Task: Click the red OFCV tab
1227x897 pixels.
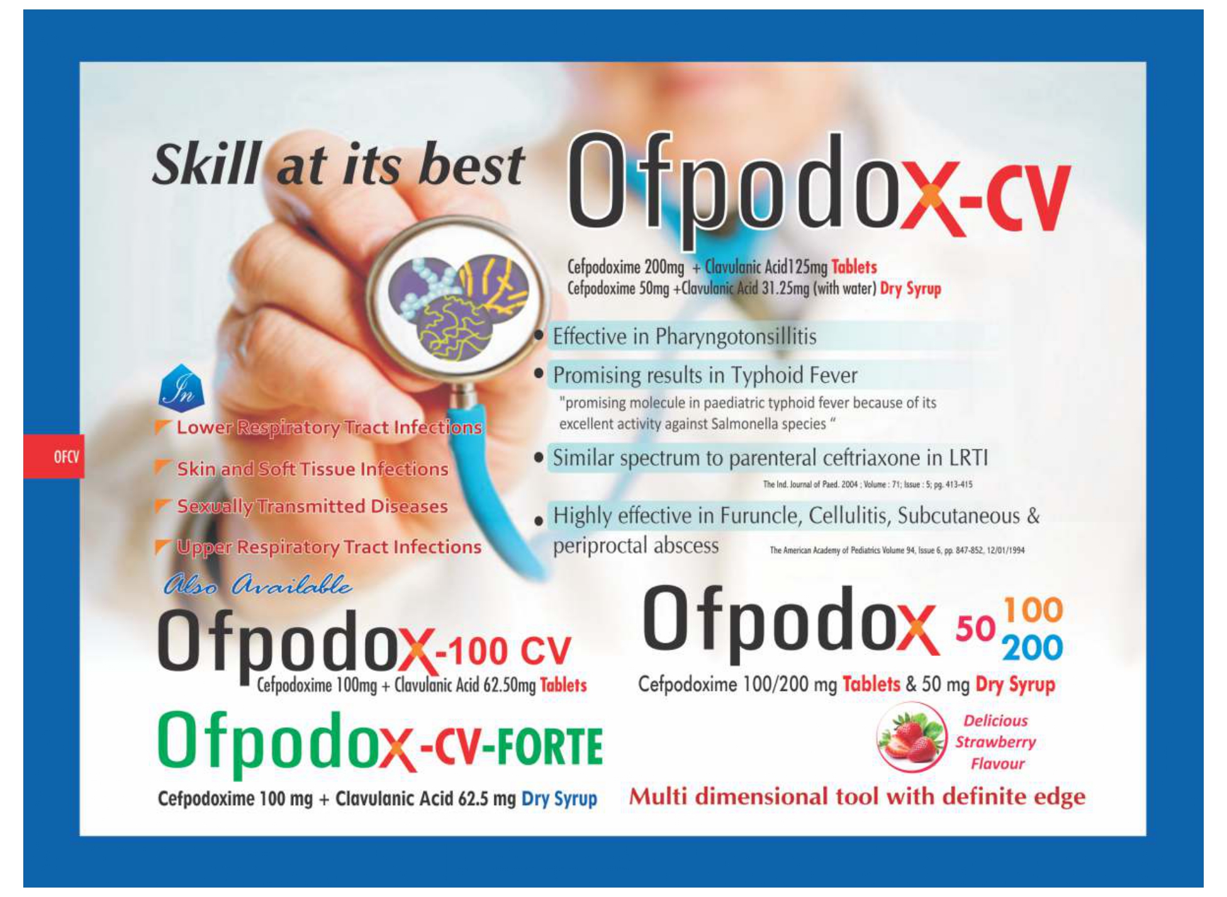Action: pyautogui.click(x=54, y=456)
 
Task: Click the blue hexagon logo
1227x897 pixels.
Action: pyautogui.click(x=181, y=386)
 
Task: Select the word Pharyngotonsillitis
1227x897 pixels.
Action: pyautogui.click(x=736, y=337)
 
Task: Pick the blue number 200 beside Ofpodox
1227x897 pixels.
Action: pyautogui.click(x=1032, y=648)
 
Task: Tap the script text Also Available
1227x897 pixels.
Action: pyautogui.click(x=257, y=585)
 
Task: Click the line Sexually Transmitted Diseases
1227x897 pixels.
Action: pyautogui.click(x=312, y=506)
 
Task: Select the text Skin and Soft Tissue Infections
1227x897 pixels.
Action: pyautogui.click(x=313, y=469)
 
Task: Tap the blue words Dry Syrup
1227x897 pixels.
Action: pyautogui.click(x=559, y=799)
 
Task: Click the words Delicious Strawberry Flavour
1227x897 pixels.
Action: pyautogui.click(x=995, y=742)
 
